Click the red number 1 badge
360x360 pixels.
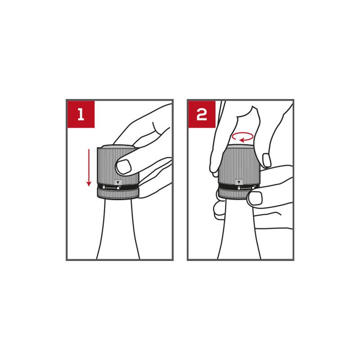(x=81, y=114)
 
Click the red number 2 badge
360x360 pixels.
(x=202, y=114)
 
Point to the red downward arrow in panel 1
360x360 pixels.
(x=89, y=167)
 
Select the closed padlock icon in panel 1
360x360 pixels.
(x=104, y=187)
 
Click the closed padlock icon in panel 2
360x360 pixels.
(x=239, y=188)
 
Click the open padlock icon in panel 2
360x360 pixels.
(x=253, y=187)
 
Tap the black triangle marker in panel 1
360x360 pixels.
(x=118, y=183)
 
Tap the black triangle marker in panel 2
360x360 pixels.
(x=239, y=182)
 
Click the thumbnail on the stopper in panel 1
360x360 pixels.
(x=124, y=166)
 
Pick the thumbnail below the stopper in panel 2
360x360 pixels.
(x=256, y=198)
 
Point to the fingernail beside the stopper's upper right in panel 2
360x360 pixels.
(x=266, y=160)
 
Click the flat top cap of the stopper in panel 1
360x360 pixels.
(x=118, y=146)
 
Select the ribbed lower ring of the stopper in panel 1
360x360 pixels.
(x=118, y=193)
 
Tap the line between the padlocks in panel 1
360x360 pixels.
(x=111, y=188)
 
